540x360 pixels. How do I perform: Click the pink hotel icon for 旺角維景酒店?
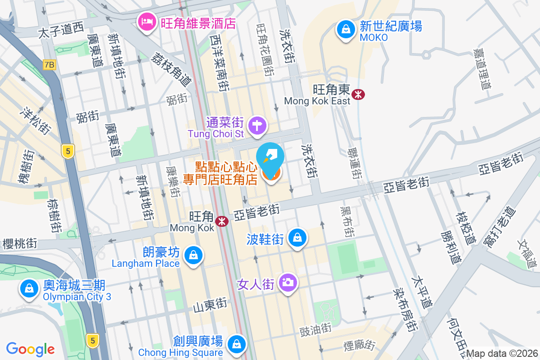146,21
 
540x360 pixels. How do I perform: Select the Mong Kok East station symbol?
359,94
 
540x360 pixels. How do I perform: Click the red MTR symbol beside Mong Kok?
221,221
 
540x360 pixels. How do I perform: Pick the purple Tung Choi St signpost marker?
257,125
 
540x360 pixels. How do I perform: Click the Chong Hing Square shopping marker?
235,344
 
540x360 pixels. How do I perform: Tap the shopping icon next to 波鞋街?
297,237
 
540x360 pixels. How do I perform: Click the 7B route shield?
49,65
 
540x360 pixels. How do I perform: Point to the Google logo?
31,349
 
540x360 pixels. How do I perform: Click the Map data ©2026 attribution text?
501,354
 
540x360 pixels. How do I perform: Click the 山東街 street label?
210,306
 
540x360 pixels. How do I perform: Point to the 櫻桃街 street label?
20,243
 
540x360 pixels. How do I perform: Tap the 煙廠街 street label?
359,345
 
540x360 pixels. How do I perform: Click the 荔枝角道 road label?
171,68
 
